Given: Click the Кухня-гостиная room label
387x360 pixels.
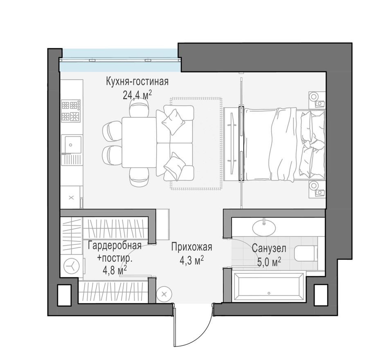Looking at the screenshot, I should [x=137, y=81].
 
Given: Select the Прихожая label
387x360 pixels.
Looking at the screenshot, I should [x=191, y=247].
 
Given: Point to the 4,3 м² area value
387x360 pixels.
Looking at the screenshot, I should [x=191, y=260].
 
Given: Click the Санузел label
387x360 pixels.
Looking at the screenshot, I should [x=269, y=248].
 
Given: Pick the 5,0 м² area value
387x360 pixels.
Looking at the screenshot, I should [x=269, y=262].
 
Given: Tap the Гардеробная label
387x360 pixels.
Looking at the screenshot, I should [x=115, y=245].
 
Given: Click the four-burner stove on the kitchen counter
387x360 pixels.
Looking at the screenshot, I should [x=71, y=111].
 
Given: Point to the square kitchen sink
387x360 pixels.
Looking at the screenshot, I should [x=71, y=144].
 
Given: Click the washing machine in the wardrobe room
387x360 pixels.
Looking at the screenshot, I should [x=72, y=266].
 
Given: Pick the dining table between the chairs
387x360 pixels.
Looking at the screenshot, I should [x=139, y=142].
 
